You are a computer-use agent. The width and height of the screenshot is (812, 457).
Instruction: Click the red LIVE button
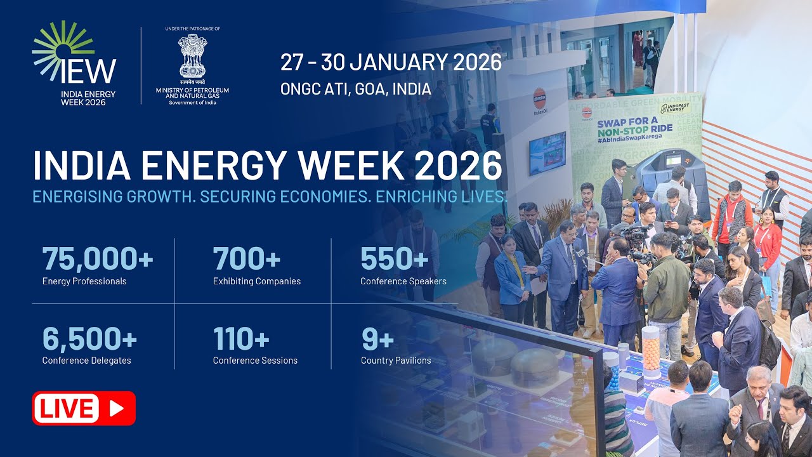(x=84, y=408)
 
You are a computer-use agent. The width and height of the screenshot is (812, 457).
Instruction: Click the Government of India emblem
(x=192, y=56)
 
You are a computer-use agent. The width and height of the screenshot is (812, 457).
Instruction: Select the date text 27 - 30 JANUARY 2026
(x=391, y=62)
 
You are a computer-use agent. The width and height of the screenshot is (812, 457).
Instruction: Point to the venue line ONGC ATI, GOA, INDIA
(x=356, y=89)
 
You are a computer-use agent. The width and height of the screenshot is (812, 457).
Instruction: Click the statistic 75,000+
(x=98, y=259)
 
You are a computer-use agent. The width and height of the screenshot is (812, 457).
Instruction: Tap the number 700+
(x=247, y=259)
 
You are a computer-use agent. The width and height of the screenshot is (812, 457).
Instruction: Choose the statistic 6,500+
(x=89, y=338)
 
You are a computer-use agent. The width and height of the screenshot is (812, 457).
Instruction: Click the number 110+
(x=241, y=338)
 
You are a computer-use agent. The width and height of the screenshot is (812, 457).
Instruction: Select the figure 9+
(x=377, y=338)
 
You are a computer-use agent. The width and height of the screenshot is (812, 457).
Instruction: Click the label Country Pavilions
(x=396, y=361)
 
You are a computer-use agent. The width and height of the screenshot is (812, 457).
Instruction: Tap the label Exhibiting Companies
(x=257, y=281)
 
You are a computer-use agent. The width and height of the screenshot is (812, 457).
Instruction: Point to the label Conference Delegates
(x=87, y=361)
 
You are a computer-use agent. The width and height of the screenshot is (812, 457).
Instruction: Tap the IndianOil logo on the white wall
(x=540, y=98)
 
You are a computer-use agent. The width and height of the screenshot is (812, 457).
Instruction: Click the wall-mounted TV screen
(x=547, y=153)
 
